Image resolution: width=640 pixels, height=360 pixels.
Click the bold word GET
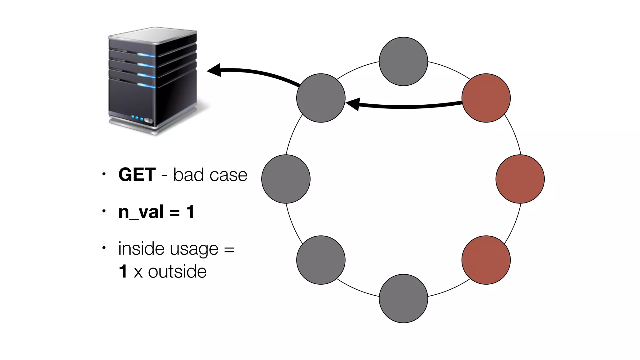click(137, 174)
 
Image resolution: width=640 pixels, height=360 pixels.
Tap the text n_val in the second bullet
click(141, 212)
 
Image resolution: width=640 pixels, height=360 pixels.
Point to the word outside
click(177, 271)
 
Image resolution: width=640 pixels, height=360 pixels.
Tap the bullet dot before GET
click(104, 174)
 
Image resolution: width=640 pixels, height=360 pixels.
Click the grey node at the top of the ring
click(403, 62)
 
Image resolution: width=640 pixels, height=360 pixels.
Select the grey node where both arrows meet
click(321, 98)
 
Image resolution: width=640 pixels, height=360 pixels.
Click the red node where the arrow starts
click(486, 98)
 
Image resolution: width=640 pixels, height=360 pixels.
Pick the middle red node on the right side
click(520, 179)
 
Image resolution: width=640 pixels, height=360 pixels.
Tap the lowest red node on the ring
click(486, 260)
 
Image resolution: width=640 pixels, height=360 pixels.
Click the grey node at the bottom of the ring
click(403, 298)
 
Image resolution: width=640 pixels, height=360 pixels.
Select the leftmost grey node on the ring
click(286, 179)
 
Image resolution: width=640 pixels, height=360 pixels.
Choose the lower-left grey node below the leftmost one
click(321, 260)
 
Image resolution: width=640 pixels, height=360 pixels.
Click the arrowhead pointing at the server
click(215, 70)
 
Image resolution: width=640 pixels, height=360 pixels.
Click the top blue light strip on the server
click(146, 55)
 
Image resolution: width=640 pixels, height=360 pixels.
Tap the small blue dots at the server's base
click(137, 118)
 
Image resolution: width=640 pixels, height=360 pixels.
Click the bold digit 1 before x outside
click(123, 271)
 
